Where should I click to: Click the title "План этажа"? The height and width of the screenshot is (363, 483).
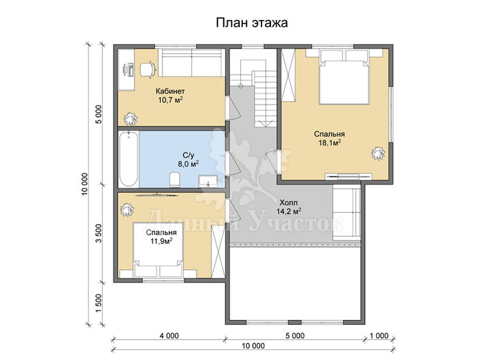click(252, 23)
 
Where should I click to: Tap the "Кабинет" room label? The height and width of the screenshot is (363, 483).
click(170, 91)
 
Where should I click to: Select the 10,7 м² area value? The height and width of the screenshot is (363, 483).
click(170, 100)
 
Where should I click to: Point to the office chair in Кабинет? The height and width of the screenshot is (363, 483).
click(148, 69)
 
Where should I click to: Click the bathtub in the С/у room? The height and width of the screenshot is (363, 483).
click(128, 159)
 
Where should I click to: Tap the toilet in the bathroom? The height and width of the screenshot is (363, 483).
click(175, 180)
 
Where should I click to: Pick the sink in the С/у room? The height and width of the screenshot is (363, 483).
click(208, 181)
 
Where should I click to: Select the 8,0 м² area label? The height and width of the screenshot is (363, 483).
click(188, 164)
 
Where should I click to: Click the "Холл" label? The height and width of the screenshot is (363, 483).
click(288, 203)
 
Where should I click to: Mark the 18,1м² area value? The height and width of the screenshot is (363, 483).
click(329, 142)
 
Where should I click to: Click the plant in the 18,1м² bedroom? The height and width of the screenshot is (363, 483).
click(378, 153)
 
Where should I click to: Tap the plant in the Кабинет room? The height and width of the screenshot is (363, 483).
click(130, 118)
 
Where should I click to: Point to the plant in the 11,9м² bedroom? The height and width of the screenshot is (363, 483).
click(127, 210)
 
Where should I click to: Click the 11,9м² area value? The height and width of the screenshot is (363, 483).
click(161, 241)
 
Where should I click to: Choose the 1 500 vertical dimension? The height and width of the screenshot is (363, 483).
click(98, 303)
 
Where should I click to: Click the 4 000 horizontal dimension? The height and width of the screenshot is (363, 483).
click(170, 335)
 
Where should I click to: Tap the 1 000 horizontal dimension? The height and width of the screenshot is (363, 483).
click(379, 335)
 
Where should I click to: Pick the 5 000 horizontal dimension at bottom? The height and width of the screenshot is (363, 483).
click(295, 335)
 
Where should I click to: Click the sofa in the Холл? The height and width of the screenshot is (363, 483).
click(346, 213)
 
